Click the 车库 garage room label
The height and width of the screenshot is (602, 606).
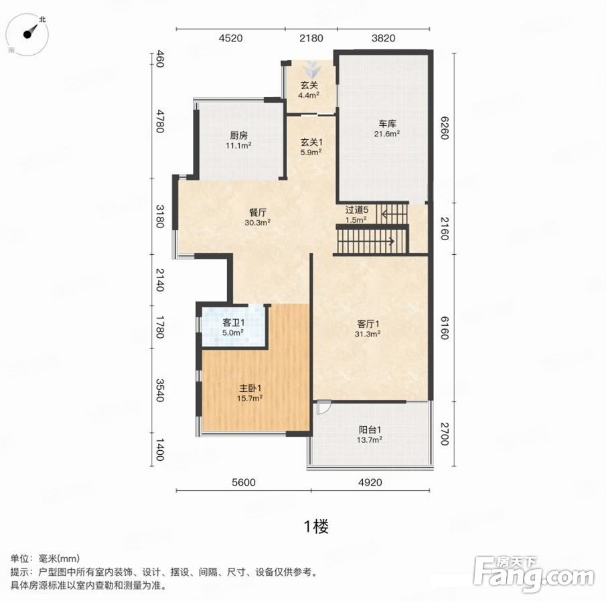point(387,124)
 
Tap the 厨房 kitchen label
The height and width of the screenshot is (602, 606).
point(239,136)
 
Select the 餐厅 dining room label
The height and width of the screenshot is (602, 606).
point(258,213)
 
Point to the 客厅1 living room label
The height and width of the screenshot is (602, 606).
point(368,324)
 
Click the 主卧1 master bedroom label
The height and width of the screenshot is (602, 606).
point(250,388)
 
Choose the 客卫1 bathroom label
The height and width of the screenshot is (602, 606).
point(234,322)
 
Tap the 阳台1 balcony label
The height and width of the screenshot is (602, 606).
point(370,429)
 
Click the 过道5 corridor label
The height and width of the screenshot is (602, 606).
point(357,210)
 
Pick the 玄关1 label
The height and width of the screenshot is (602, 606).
point(311,142)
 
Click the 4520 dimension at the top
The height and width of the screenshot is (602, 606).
point(231,38)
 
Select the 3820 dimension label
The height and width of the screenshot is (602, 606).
point(384,38)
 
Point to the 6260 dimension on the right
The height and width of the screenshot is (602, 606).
point(445,128)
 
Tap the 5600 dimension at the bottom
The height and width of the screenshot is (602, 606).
point(244,482)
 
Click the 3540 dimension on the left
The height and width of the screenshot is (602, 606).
point(160,390)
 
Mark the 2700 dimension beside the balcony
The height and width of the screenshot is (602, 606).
point(445,434)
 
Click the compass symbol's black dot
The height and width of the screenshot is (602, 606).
point(27,34)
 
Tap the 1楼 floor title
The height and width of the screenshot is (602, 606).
point(317,526)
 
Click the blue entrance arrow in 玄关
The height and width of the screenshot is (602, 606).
point(312,70)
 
